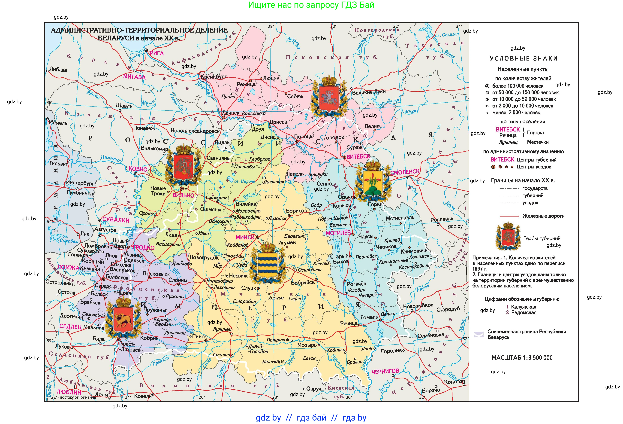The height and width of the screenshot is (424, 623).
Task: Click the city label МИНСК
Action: (245, 237)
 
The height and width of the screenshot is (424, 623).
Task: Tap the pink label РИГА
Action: (157, 53)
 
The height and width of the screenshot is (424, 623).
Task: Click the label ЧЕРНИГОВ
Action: (385, 371)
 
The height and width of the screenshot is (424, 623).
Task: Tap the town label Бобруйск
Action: (303, 282)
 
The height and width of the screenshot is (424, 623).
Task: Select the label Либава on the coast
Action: (58, 70)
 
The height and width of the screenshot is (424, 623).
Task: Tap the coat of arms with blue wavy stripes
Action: (267, 263)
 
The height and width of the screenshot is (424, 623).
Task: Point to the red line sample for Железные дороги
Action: (509, 216)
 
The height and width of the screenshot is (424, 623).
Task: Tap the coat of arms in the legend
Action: (508, 236)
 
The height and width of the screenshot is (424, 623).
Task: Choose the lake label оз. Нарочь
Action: (244, 181)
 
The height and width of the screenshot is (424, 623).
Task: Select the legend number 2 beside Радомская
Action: (507, 312)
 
